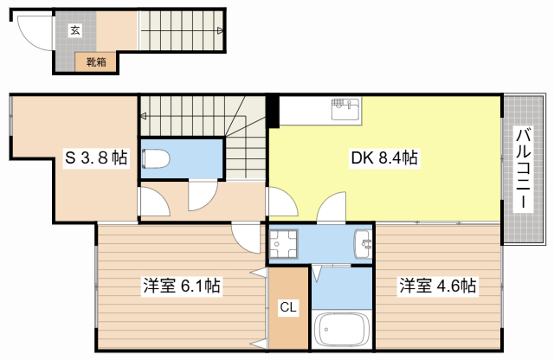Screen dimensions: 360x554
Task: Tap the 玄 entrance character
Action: (75, 30)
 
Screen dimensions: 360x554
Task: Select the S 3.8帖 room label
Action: (97, 158)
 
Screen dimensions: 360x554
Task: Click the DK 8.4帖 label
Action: (383, 157)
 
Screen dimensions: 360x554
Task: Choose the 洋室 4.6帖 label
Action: (437, 285)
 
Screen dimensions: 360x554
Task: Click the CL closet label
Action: (288, 306)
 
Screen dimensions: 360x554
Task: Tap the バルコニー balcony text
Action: (524, 169)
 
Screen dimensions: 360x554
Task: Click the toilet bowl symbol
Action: (157, 158)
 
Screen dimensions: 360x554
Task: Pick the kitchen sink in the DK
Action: (344, 110)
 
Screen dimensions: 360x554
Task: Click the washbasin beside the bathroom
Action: (363, 245)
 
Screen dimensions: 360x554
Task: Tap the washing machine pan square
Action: (284, 244)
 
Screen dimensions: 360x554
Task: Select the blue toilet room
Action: (181, 158)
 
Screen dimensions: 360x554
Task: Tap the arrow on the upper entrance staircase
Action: (219, 30)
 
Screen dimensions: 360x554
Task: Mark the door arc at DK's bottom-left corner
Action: (283, 203)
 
